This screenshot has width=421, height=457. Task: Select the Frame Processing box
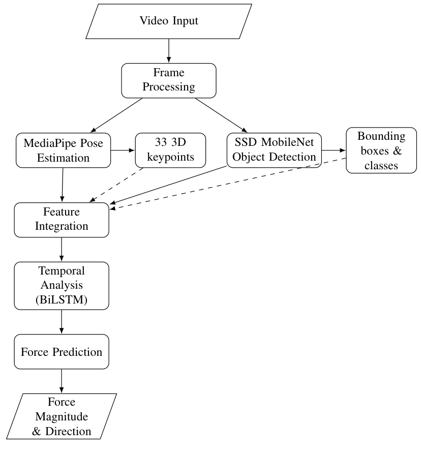tap(168, 80)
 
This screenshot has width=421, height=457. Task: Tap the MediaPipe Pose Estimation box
tap(64, 150)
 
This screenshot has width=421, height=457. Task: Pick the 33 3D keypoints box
tap(171, 150)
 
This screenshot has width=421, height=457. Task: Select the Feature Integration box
tap(62, 219)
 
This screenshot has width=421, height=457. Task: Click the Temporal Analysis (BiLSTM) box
tap(62, 285)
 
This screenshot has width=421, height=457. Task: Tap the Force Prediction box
tap(62, 352)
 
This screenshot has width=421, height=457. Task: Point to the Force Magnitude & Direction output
tap(62, 417)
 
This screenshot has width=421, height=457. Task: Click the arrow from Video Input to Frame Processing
tap(168, 51)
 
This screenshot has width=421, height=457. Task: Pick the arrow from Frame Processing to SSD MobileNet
tap(220, 114)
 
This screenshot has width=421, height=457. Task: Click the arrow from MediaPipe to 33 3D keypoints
tap(123, 150)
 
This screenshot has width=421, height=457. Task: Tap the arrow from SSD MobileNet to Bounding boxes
tap(333, 150)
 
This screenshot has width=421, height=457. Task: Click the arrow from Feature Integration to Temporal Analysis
tap(62, 249)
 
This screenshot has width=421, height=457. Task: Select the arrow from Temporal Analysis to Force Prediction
tap(62, 322)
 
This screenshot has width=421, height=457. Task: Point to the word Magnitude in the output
tap(62, 417)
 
